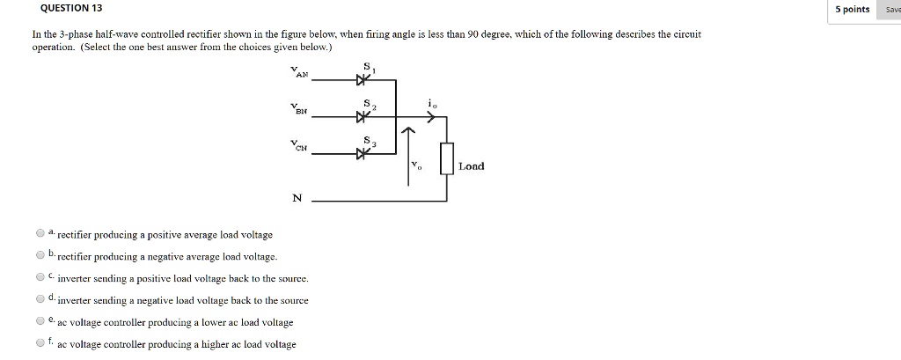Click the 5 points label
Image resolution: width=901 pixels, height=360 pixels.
853,9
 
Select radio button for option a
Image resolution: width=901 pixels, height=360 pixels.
40,233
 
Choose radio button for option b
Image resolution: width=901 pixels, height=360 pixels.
40,255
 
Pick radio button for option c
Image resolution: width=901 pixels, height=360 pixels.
40,277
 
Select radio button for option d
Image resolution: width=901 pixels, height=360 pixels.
40,299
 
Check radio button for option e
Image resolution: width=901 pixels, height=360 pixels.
40,322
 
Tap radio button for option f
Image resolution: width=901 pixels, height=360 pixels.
40,344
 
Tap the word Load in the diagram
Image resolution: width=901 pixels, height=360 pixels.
471,165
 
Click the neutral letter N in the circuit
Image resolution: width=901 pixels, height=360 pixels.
297,198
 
